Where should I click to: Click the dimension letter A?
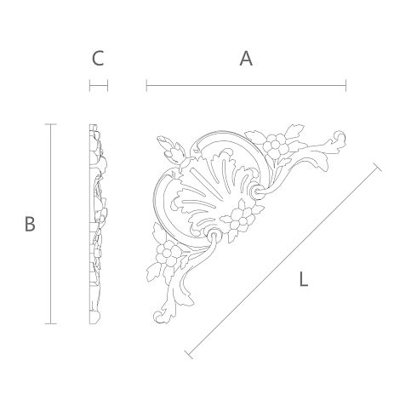tap(246, 59)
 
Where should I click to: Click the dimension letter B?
tap(30, 224)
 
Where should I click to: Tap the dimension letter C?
tap(98, 59)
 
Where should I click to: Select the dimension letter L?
tap(304, 279)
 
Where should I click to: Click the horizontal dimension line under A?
tap(246, 85)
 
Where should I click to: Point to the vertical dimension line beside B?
tap(51, 224)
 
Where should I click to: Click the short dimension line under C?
tap(99, 85)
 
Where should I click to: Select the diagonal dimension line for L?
tap(283, 261)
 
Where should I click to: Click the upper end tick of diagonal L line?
tap(377, 168)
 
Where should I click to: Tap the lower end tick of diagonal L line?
tap(189, 355)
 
